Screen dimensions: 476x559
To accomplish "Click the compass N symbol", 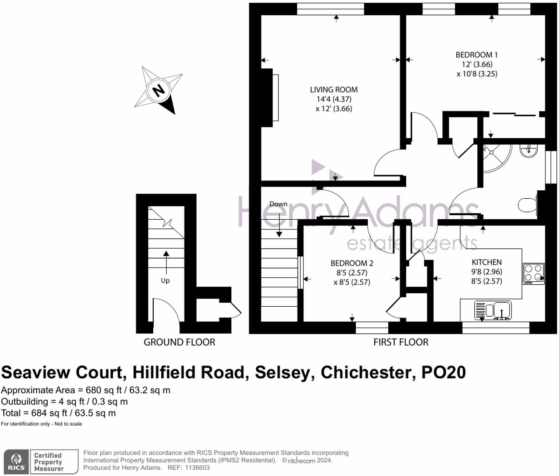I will pos(158,90).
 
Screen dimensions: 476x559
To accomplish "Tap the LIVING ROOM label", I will pos(334,90).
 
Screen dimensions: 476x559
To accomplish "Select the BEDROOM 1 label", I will pos(476,55).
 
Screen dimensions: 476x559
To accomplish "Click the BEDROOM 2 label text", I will pos(352,263).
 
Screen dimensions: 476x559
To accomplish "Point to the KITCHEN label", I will pos(487,262).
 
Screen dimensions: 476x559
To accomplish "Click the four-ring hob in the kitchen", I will pos(533,273).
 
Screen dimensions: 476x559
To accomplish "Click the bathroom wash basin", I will pos(528,150).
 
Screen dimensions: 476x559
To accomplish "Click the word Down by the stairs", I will pos(278,204).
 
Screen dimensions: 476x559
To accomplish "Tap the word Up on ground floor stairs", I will pos(165,281).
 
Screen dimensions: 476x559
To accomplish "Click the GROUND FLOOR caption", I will pos(179,342).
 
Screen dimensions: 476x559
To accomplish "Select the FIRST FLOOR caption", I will pos(400,342).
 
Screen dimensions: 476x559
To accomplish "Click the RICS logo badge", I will pos(17,462).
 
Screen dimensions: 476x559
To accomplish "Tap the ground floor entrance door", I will pos(165,312).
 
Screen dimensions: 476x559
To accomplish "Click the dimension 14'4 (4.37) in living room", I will pos(334,99).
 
